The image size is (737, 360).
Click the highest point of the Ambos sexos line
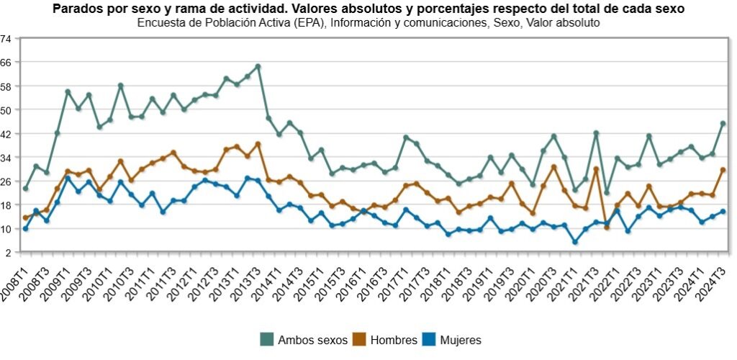tap(258, 66)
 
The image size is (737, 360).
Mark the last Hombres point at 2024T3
tap(723, 170)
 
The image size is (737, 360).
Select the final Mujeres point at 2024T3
tap(723, 212)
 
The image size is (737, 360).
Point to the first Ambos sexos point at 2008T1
tap(25, 189)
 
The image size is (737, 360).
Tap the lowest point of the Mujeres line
tap(575, 242)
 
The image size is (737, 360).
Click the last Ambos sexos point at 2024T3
tap(723, 124)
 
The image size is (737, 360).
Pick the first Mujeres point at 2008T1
tap(25, 229)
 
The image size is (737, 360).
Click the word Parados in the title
tap(78, 9)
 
